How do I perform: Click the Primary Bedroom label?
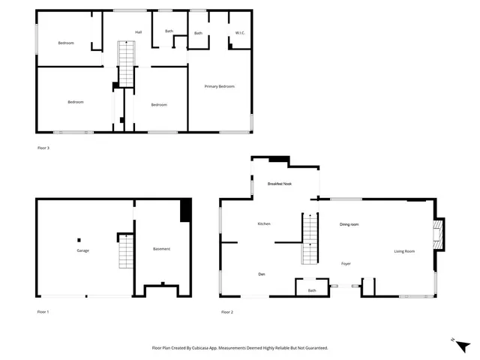220,87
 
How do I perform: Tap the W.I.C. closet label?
240,33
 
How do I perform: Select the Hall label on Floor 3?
138,32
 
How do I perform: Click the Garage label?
82,250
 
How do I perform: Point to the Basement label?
161,249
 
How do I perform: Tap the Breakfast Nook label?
280,184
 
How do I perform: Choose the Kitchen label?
264,224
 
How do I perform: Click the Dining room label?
349,224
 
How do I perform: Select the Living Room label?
404,251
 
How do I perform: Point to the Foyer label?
346,264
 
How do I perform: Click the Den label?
262,274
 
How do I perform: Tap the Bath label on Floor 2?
311,290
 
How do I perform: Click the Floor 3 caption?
43,148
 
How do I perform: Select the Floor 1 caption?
43,310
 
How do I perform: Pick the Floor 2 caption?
226,310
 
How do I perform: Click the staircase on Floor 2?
310,239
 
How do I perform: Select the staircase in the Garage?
125,252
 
